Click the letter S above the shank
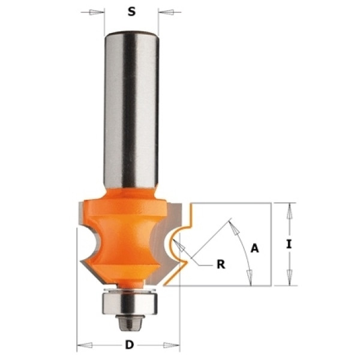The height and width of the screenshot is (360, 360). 131,11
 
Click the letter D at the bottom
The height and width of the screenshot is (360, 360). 130,344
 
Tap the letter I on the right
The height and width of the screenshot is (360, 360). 289,244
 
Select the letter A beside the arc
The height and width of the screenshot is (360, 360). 254,248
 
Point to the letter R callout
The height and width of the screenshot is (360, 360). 221,265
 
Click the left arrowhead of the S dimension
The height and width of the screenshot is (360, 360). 97,12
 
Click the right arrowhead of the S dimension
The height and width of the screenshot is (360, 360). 166,12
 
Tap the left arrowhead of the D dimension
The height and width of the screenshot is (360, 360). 85,345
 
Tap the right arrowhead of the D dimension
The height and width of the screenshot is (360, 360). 171,345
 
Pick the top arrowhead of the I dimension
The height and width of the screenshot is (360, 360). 289,211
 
